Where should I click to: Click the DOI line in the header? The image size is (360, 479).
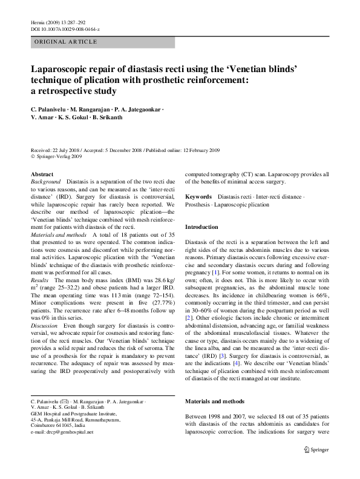point(65,29)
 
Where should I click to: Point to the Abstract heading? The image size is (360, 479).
point(42,174)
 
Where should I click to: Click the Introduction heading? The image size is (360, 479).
point(201,226)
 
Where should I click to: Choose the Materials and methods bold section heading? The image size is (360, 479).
point(214,401)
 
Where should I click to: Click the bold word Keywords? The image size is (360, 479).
point(198,197)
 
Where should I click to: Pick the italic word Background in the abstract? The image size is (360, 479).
point(45,182)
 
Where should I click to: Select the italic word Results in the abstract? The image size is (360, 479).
point(39,265)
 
